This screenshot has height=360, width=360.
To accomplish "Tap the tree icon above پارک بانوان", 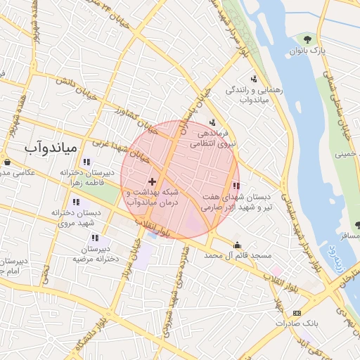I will pyautogui.click(x=307, y=38).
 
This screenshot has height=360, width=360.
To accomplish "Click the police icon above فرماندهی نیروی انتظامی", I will pyautogui.click(x=212, y=122).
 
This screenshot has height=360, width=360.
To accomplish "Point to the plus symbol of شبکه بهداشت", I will pyautogui.click(x=153, y=172).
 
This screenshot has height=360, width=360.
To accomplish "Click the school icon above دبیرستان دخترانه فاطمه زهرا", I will pyautogui.click(x=86, y=162).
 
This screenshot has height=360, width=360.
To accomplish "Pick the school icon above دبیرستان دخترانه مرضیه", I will pyautogui.click(x=96, y=239).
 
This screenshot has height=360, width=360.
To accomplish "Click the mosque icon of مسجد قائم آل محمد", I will pyautogui.click(x=237, y=245).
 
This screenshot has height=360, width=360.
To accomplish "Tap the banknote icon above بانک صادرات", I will pyautogui.click(x=297, y=313).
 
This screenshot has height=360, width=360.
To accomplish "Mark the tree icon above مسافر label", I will pyautogui.click(x=358, y=225).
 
